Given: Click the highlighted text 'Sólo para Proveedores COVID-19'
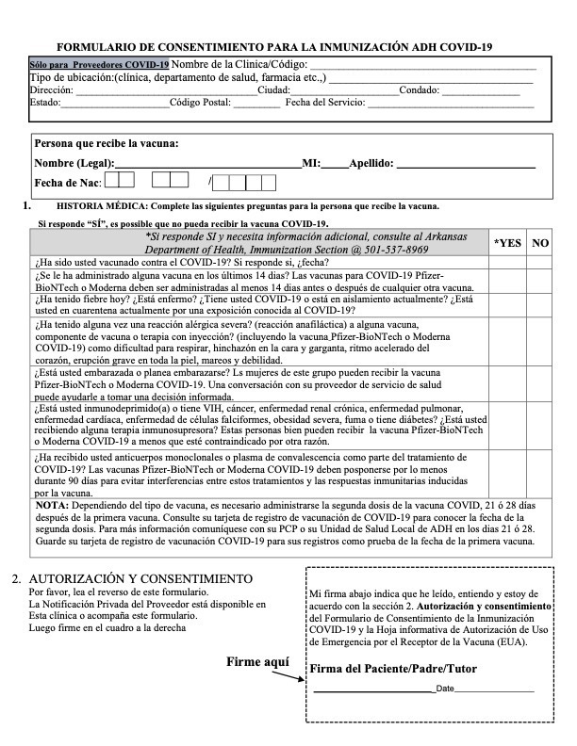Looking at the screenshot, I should pos(100,64).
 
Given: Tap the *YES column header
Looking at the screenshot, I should pos(507,242).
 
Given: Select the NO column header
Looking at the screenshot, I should pos(540,242).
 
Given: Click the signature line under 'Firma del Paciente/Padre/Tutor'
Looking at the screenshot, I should pos(371,689).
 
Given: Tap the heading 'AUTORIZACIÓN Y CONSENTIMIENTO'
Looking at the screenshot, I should pos(140,577).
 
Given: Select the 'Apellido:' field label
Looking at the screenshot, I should pos(371,163).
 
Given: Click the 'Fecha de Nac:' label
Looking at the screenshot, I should pos(67,181).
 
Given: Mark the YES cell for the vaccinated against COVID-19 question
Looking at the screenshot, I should pos(507,262).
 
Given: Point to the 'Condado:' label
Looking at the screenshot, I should pos(420,89).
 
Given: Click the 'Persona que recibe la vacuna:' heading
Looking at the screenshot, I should pos(107,144).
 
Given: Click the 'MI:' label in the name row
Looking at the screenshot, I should pos(311,163).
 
